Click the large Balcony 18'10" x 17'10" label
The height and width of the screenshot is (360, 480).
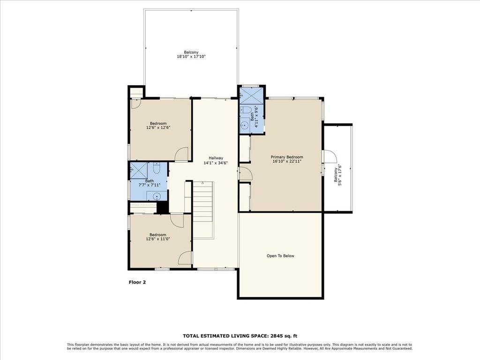coord(191,54)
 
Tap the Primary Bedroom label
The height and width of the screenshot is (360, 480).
coord(286,157)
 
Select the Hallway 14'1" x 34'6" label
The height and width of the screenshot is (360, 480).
coord(216,160)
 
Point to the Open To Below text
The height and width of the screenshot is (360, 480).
coord(280,256)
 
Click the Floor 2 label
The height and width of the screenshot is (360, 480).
coord(137,282)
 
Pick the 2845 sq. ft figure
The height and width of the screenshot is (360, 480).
coord(283,336)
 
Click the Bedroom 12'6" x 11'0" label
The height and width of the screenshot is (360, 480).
coord(158,237)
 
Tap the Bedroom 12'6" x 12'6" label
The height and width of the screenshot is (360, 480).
coord(158,126)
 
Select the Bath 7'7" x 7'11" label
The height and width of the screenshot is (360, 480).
coord(150,183)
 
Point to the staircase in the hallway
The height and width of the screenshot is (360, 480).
coord(203,210)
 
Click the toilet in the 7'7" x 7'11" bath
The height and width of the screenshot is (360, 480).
coord(157,168)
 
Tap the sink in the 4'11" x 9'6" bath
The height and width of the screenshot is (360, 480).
coord(244,125)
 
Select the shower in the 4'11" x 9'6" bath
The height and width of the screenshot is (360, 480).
coord(251,96)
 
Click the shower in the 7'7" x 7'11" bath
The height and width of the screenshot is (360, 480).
coord(139,170)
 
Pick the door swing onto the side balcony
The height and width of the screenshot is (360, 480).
coord(330,156)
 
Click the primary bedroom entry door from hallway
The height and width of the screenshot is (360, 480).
coord(246,173)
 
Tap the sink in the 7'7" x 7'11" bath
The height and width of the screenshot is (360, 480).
coord(157,196)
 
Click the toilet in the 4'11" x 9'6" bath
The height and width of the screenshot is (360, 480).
coord(245,110)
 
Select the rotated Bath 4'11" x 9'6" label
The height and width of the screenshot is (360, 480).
coord(255,116)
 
